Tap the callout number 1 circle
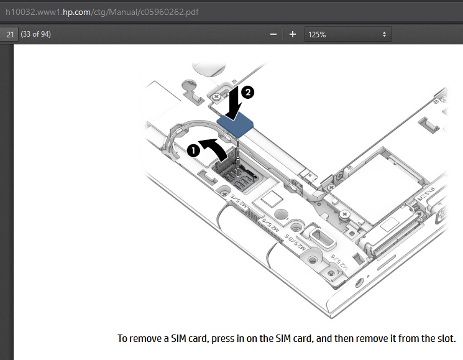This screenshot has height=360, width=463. point(193,150)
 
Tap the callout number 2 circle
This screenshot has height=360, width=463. point(247,92)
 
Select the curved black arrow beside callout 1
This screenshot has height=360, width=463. point(214,149)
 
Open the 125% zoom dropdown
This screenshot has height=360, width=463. point(347,34)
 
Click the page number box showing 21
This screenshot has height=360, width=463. point(10,34)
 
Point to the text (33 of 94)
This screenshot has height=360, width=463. point(35,34)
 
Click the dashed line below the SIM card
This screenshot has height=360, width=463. point(238,152)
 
